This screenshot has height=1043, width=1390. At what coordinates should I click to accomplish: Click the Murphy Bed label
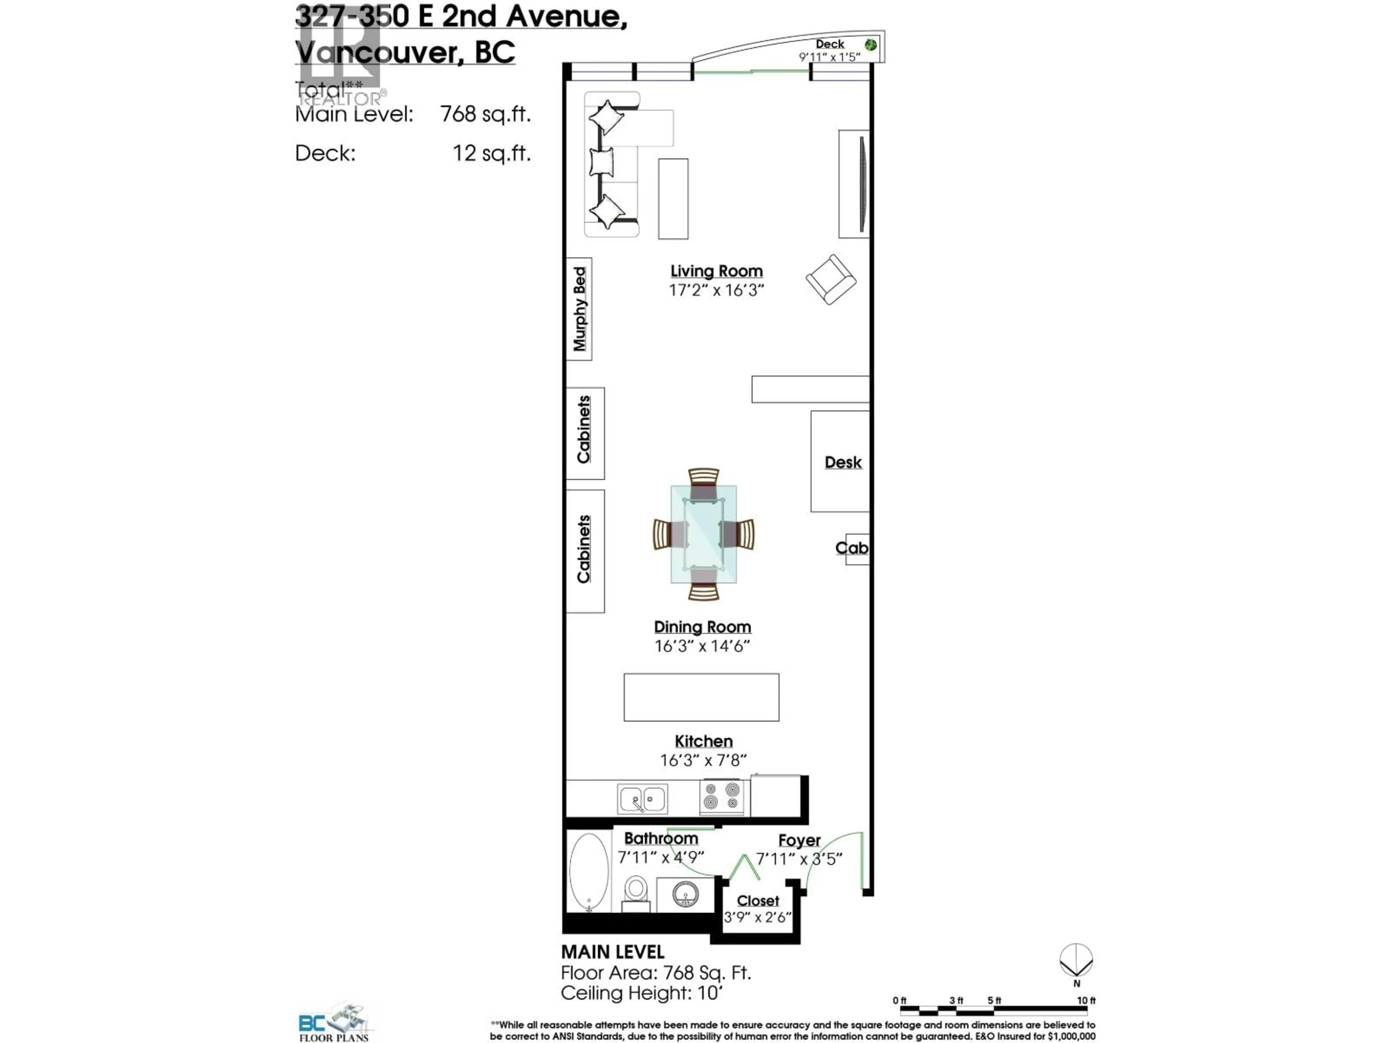point(579,309)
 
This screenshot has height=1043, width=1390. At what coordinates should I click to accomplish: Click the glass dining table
point(703,534)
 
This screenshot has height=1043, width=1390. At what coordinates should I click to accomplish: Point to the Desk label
point(843,462)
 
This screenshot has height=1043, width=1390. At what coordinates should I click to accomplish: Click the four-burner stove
point(721,796)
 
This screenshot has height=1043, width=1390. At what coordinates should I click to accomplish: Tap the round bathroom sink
point(684,893)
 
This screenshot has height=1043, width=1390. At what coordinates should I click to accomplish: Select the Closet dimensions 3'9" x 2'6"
point(757,917)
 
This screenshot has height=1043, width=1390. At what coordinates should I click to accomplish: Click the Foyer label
point(799,840)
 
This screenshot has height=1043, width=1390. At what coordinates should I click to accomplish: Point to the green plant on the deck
point(870,45)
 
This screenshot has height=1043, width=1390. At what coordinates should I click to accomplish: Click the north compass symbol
point(1076,961)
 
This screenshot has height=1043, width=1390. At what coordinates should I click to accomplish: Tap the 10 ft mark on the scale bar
point(1086,1000)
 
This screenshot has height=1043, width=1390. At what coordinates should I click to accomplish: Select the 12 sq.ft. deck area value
point(492,153)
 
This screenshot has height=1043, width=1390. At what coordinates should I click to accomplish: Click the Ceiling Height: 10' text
point(641,993)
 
